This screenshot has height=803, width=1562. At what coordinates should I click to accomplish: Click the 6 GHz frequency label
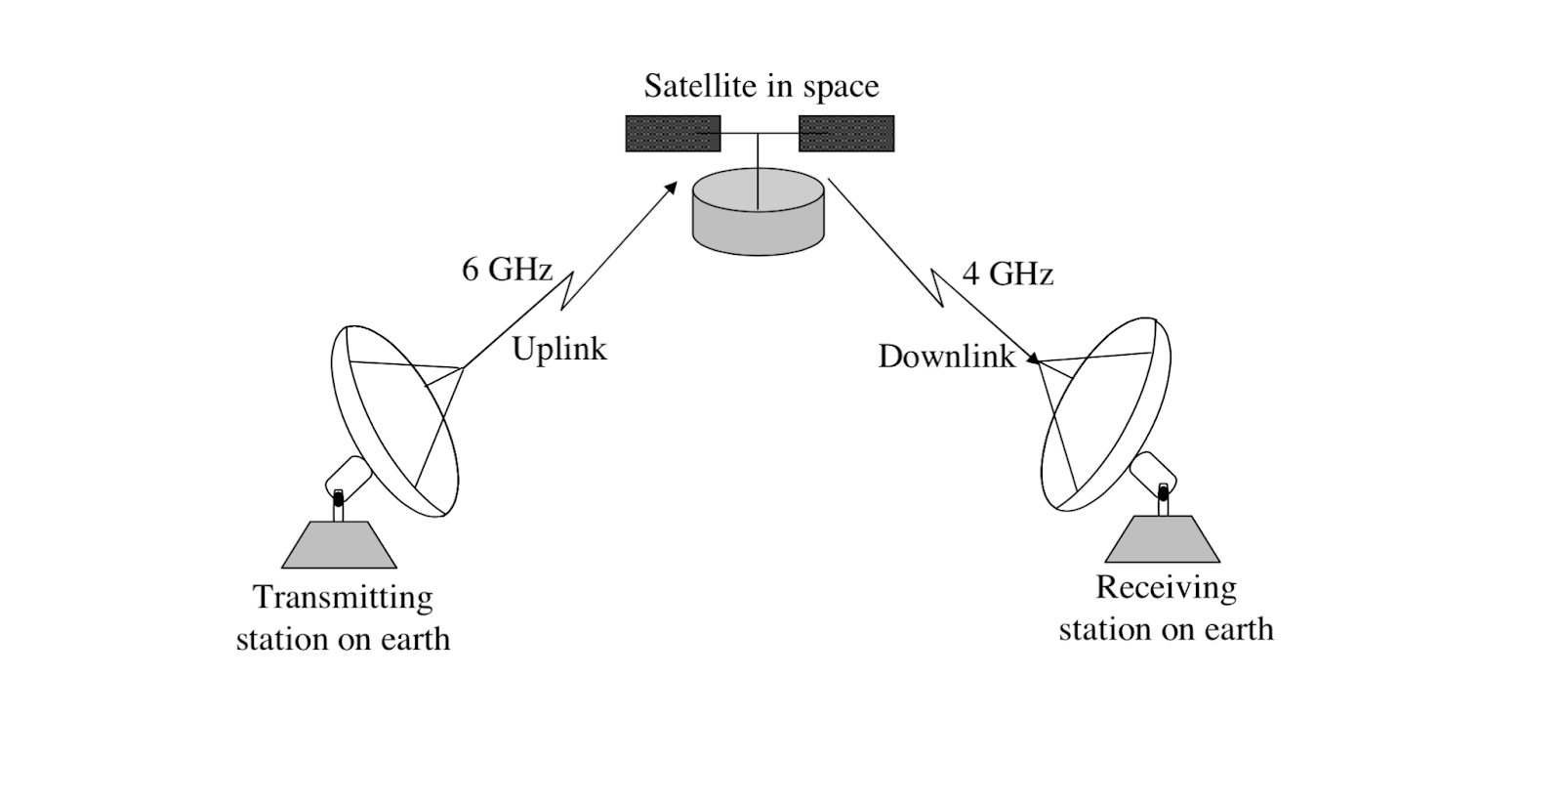click(x=507, y=270)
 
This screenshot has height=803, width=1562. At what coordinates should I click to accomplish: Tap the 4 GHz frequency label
click(x=1007, y=275)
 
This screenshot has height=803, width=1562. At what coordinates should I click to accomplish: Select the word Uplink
click(x=559, y=349)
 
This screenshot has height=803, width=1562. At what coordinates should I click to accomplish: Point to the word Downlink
click(x=946, y=357)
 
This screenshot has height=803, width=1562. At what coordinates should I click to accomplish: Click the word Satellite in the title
click(x=700, y=86)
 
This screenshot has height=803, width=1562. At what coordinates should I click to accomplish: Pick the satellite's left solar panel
click(x=673, y=134)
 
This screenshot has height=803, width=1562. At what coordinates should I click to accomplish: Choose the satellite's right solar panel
click(x=846, y=134)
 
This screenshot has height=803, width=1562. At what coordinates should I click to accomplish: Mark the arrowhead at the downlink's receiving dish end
click(x=1032, y=359)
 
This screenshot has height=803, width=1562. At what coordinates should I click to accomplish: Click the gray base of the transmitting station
click(x=339, y=545)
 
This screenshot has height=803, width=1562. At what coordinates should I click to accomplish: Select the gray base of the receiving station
click(x=1163, y=539)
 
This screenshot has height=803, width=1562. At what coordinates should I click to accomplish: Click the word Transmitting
click(x=343, y=597)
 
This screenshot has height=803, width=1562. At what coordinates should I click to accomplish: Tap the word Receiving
click(x=1166, y=587)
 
